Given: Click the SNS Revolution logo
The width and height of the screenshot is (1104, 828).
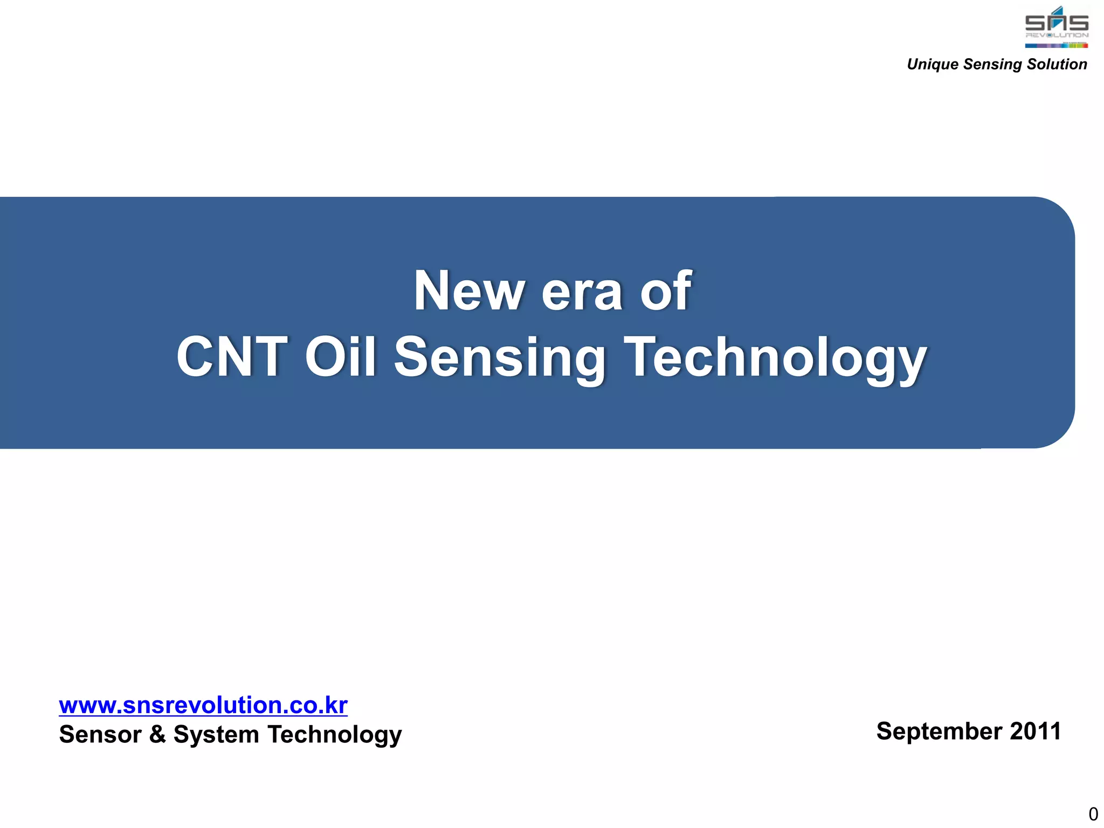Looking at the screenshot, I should click(1056, 24).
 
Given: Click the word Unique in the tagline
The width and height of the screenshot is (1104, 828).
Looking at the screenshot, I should click(933, 64).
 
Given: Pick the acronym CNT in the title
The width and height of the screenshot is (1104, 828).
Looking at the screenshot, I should click(232, 357).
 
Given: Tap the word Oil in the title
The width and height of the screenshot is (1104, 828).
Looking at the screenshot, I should click(340, 357).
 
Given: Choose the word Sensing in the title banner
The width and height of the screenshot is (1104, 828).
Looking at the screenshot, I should click(500, 358).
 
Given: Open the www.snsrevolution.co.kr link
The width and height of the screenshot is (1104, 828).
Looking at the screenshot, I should click(203, 705).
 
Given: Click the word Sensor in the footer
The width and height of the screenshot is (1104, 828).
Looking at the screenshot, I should click(100, 734).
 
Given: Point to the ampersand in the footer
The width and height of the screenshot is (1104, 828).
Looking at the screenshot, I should click(157, 734).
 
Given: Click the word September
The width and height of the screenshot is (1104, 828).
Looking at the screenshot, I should click(939, 732).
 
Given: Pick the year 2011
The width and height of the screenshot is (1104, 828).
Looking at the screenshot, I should click(1035, 732).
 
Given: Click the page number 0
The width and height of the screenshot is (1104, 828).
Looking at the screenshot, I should click(1093, 813).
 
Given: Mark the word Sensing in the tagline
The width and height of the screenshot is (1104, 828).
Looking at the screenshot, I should click(993, 64).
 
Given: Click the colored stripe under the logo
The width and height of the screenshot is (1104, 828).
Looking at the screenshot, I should click(1056, 45).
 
